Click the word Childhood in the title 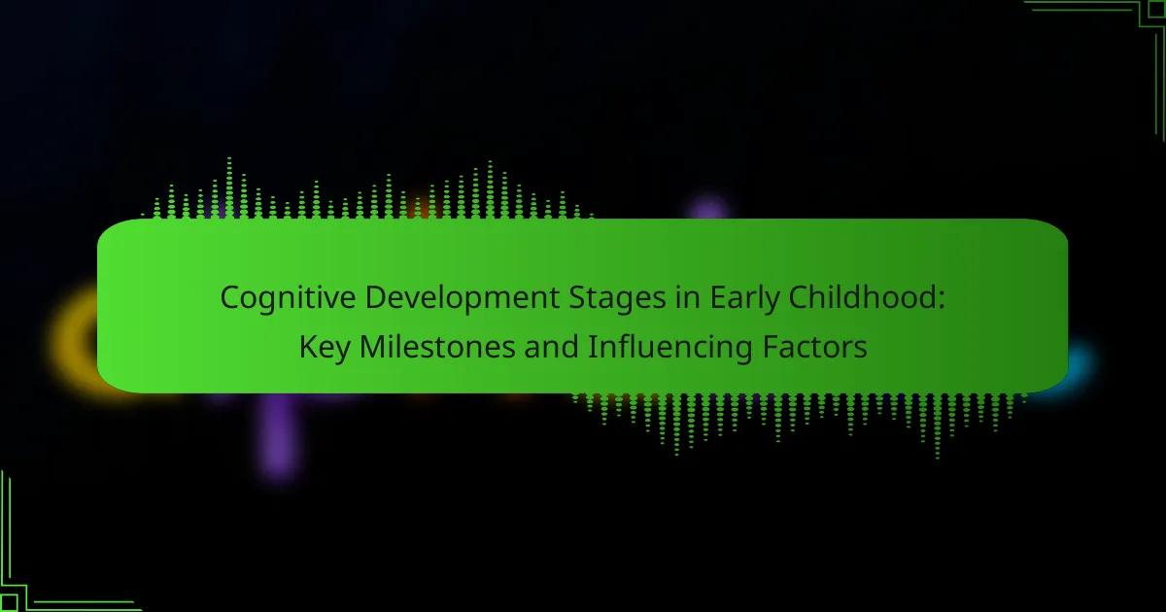click(x=862, y=297)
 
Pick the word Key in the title click(x=324, y=348)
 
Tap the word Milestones click(x=436, y=347)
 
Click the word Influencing click(x=669, y=348)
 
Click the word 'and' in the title click(x=551, y=347)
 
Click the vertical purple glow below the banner click(x=280, y=434)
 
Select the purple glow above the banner click(x=708, y=208)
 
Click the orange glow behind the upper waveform click(x=421, y=208)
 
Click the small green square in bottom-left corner click(x=10, y=602)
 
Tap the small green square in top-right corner click(x=1155, y=10)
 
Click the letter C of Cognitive click(x=229, y=297)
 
